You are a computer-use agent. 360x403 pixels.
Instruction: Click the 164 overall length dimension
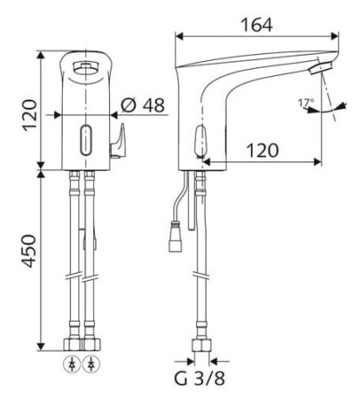tap(257, 24)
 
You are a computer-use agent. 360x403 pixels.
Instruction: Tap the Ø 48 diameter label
tap(142, 105)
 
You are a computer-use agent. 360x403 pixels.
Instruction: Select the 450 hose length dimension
tap(30, 250)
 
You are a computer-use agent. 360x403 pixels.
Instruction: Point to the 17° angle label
tap(306, 102)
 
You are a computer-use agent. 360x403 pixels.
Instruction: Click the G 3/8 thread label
tap(200, 378)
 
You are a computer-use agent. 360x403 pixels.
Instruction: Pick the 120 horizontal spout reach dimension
tap(262, 150)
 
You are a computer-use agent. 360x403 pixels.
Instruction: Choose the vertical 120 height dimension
tap(31, 115)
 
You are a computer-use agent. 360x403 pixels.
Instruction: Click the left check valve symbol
tap(71, 364)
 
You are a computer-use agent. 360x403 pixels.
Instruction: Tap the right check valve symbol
tap(92, 364)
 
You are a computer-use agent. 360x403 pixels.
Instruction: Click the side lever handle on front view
tap(118, 142)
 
